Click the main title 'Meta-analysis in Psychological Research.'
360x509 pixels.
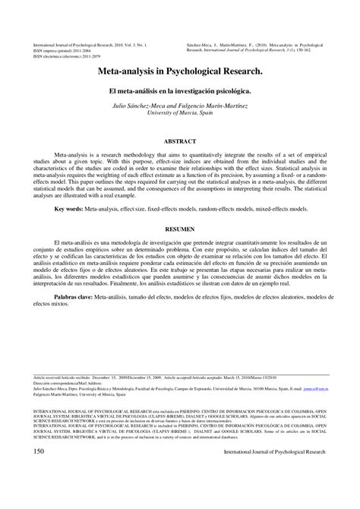(x=179, y=70)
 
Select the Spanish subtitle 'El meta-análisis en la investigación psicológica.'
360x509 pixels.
(x=179, y=89)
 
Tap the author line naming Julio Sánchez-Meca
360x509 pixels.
(x=179, y=104)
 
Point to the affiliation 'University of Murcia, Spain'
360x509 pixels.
(x=179, y=112)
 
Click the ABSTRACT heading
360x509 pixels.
(x=179, y=141)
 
